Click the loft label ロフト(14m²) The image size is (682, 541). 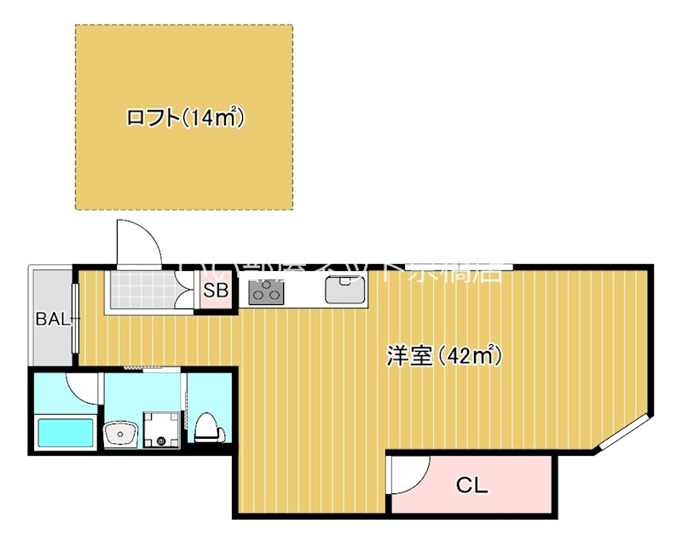185,118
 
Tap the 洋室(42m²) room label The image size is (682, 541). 442,355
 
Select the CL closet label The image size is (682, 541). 471,486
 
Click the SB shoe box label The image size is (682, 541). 216,291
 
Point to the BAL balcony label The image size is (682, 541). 53,319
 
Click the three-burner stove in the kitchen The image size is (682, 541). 265,292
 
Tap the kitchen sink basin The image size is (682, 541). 344,291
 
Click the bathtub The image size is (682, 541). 66,432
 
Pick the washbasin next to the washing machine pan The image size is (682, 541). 121,434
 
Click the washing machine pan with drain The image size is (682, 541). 162,429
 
